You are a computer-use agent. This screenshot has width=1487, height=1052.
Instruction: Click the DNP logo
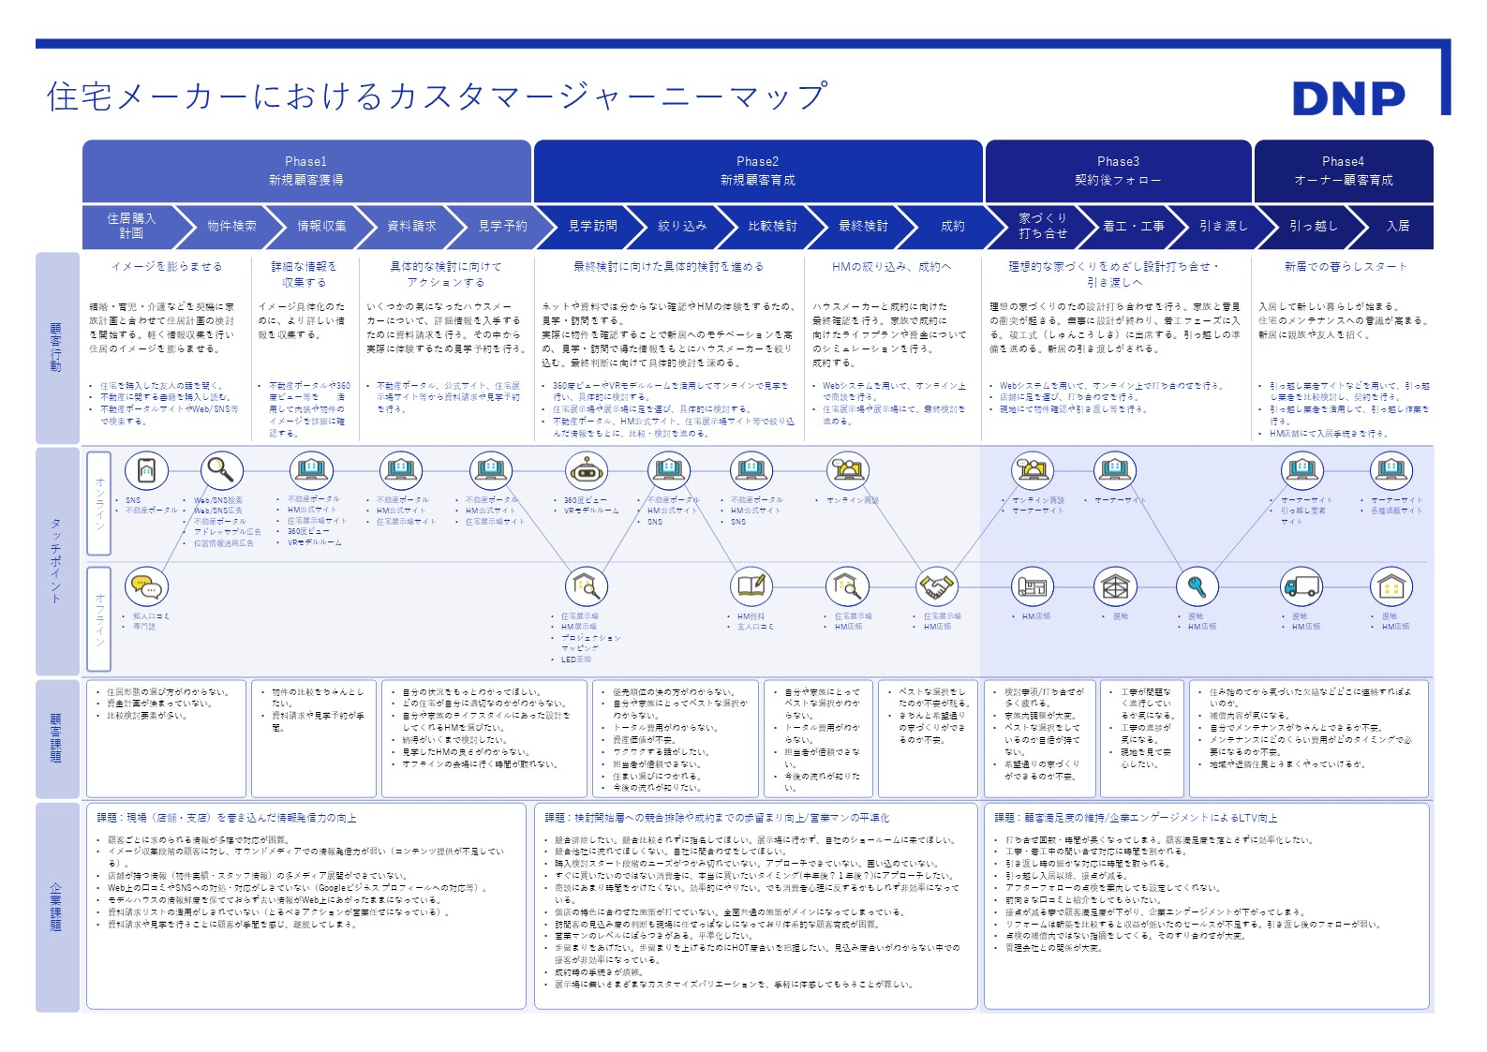click(1348, 98)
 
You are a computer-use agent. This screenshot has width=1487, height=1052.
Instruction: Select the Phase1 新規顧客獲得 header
click(306, 170)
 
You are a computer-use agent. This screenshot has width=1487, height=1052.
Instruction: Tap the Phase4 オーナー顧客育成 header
click(1343, 170)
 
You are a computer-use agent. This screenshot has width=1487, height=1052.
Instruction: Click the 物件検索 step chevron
click(231, 226)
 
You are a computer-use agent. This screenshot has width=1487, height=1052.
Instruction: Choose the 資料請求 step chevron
click(411, 226)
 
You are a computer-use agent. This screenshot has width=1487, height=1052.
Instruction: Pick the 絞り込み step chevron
click(682, 226)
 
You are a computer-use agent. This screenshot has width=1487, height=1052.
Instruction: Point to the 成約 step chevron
click(952, 226)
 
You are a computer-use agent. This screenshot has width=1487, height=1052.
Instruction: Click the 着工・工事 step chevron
click(1133, 226)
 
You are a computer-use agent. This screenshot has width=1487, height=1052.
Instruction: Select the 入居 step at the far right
click(1397, 226)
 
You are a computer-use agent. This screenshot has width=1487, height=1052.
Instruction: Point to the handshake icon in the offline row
click(935, 586)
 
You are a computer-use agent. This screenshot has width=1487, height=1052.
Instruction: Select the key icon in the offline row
click(1197, 586)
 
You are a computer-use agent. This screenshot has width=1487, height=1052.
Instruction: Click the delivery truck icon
click(1301, 586)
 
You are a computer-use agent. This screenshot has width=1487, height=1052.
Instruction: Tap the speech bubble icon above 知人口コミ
click(145, 586)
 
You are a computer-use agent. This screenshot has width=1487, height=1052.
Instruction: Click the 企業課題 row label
click(56, 906)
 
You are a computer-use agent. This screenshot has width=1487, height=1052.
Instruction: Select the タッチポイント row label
click(56, 560)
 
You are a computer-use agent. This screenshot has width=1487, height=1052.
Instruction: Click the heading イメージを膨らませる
click(167, 267)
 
